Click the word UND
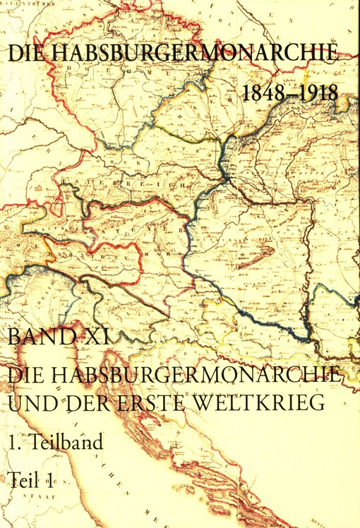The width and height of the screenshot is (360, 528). click(x=30, y=404)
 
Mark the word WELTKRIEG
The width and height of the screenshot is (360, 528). click(x=265, y=404)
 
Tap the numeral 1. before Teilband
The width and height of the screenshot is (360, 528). click(x=14, y=443)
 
